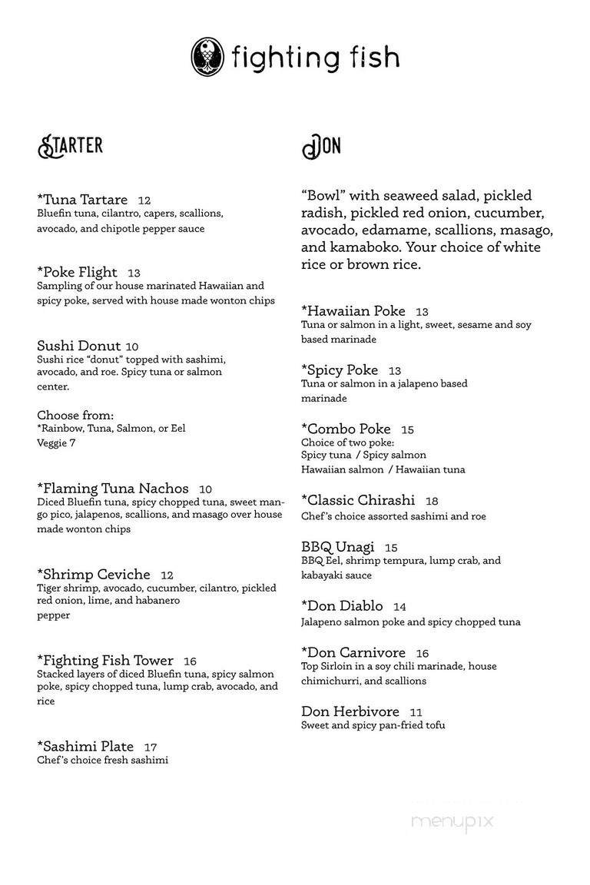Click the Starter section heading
[70, 146]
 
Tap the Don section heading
[321, 146]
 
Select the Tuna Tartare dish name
[82, 200]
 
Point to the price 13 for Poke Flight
[134, 273]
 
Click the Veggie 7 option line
[56, 442]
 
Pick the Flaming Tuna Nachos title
[113, 489]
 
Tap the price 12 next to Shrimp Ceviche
[167, 575]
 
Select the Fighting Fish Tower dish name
[105, 661]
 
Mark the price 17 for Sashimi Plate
[150, 747]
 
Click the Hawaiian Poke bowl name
[353, 311]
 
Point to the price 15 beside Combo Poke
[407, 429]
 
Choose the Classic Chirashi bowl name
[358, 500]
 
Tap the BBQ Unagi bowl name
[338, 547]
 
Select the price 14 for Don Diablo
[399, 607]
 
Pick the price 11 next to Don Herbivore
[416, 712]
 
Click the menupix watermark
[452, 821]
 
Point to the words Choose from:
[75, 415]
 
